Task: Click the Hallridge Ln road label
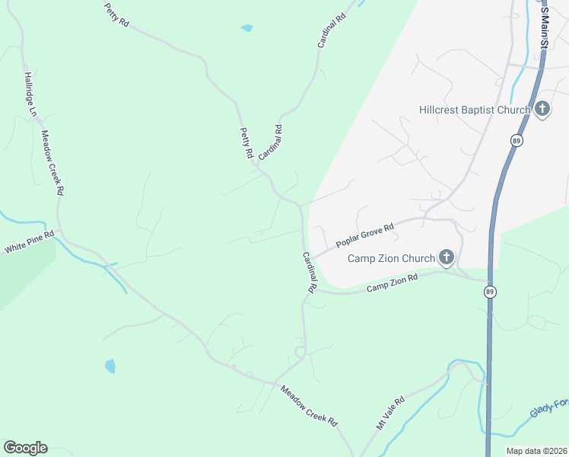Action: coord(30,94)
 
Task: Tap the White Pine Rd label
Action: coord(30,243)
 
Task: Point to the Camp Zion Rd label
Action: coord(393,284)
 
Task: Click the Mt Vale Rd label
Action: coord(391,413)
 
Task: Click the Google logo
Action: coord(25,448)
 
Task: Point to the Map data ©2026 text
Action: coord(536,451)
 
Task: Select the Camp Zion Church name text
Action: coord(391,258)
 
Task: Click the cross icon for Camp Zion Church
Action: coord(445,257)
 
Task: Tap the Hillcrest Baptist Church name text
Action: coord(474,110)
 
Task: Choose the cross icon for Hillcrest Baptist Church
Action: coord(542,110)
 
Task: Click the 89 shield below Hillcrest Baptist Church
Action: coord(517,141)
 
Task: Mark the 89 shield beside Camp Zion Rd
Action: coord(490,292)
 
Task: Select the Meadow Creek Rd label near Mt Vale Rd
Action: coord(308,404)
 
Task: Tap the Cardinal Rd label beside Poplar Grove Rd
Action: coord(309,273)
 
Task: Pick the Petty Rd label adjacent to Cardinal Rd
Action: coord(246,142)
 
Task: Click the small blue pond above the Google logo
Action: coord(110,366)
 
